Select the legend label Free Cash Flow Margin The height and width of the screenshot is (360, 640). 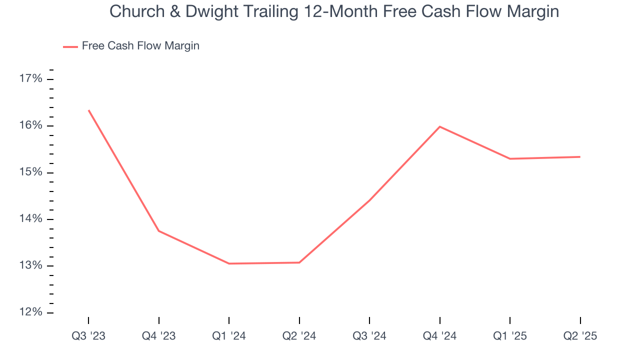140,46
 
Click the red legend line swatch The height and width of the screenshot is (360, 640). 70,46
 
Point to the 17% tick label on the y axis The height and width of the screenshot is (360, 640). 30,79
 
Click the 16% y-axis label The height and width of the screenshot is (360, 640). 30,125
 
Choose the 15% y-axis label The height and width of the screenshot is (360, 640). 30,172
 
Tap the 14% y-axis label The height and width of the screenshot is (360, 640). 30,219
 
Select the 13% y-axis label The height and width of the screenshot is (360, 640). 30,266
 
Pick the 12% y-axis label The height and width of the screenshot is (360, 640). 30,312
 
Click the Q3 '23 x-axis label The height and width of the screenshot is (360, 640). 88,336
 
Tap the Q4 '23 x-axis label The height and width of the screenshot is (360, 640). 158,336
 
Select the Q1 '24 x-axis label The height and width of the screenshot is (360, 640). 229,336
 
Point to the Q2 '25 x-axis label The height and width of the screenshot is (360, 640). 580,336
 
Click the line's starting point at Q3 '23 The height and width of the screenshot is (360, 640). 88,110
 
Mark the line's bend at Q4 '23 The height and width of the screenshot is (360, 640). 158,231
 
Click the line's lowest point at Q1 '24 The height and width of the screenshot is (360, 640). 229,263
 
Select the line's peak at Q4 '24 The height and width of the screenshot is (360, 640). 439,126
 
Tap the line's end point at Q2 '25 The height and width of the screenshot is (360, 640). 580,157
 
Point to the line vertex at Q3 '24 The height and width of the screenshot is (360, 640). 369,200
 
